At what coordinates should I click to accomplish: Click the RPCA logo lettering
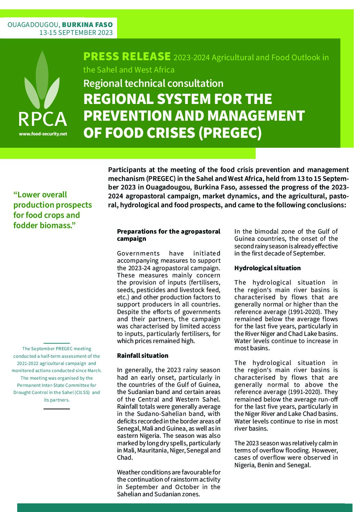(42, 119)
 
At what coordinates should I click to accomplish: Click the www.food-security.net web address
(43, 134)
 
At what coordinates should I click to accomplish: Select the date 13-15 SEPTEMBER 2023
(76, 33)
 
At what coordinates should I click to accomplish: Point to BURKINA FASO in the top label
(87, 25)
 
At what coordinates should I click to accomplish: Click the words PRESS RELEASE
(127, 56)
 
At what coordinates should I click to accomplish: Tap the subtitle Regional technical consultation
(153, 83)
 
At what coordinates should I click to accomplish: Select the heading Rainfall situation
(142, 356)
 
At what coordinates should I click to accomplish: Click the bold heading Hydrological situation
(267, 268)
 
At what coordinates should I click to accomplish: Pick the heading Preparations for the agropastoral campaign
(168, 235)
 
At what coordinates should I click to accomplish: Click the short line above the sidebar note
(56, 343)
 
